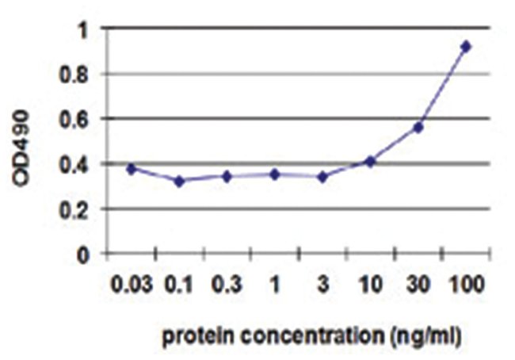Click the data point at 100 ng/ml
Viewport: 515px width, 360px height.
tap(466, 47)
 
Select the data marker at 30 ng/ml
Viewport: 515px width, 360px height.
tap(418, 127)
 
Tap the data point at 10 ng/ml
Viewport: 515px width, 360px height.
tap(370, 162)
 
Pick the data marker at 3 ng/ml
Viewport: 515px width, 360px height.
tap(322, 177)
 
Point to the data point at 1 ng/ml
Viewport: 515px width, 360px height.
tap(275, 174)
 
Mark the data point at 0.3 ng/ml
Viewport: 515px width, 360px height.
tap(227, 176)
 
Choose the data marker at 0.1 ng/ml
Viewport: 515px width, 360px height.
tap(179, 181)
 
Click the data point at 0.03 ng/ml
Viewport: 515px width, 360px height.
tap(132, 169)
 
